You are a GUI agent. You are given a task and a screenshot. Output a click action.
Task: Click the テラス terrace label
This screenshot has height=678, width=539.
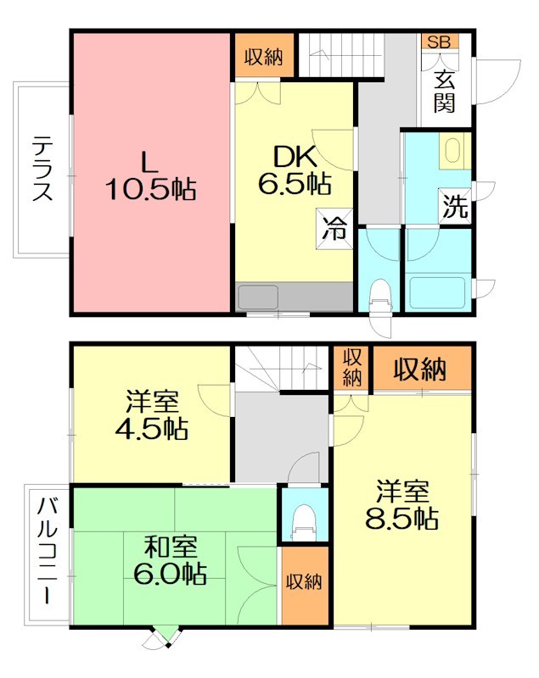(42, 169)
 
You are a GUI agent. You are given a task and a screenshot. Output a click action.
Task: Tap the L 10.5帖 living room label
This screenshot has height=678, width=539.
(150, 174)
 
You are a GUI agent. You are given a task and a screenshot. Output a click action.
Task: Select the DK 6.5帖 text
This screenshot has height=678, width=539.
(294, 169)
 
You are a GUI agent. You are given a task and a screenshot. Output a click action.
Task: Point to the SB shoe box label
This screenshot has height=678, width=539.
(439, 41)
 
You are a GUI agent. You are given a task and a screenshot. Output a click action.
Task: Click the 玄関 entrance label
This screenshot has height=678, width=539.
(446, 92)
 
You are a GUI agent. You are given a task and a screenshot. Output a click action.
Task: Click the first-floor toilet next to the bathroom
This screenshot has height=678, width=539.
(379, 292)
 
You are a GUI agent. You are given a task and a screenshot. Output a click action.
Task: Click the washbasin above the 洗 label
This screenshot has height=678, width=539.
(452, 153)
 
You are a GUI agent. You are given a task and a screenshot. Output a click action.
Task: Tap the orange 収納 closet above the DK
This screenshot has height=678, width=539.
(264, 57)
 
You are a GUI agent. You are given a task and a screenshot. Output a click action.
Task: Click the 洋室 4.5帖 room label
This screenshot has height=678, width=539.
(153, 414)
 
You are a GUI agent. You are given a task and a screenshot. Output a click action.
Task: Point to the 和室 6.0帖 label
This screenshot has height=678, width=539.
(170, 560)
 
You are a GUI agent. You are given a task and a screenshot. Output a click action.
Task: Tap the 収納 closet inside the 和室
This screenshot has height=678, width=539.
(303, 582)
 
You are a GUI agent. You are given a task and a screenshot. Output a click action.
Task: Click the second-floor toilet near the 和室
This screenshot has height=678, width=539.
(303, 520)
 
